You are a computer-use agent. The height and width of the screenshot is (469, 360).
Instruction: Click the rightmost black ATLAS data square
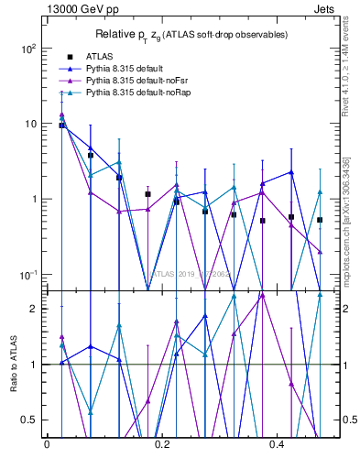pyautogui.click(x=320, y=220)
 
